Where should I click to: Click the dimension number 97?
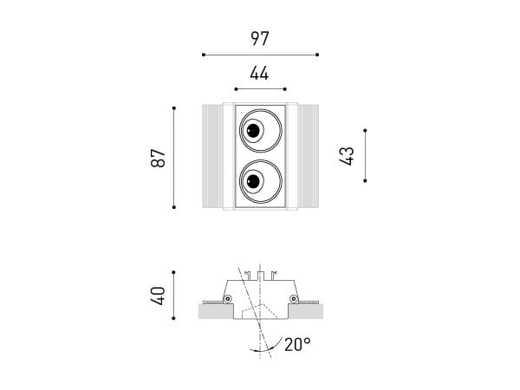coord(260,39)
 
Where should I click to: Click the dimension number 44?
coord(259,75)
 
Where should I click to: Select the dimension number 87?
coord(157,158)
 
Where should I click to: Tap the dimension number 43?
coord(347,157)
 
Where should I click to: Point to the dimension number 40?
coord(157,296)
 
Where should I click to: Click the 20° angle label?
coord(296,345)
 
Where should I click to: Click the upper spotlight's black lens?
coord(253,132)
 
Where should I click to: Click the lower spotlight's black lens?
coord(253,182)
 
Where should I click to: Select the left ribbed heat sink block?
coord(211,157)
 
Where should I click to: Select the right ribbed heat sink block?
coord(308,157)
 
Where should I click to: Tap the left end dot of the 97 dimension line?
coord(203,55)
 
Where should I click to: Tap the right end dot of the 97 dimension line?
coord(317,55)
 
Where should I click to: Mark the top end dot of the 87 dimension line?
coord(174,107)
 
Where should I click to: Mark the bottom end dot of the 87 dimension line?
coord(174,207)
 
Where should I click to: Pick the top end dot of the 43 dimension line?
coord(366,132)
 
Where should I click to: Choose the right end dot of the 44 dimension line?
coord(285,88)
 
